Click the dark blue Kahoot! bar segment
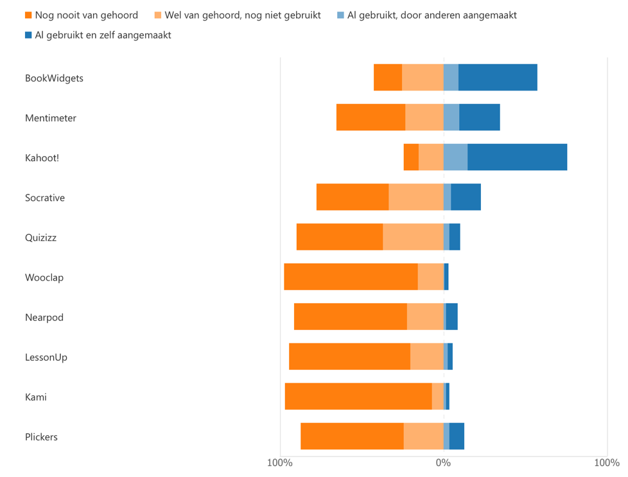[x=517, y=157]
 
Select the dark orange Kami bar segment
[x=358, y=396]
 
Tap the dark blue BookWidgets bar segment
[x=498, y=78]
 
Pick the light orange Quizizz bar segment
[x=413, y=237]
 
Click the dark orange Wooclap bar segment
[x=351, y=277]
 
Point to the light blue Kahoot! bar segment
[x=455, y=157]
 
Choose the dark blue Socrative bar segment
[x=466, y=197]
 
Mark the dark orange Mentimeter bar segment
[x=371, y=117]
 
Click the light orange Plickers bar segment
[x=423, y=437]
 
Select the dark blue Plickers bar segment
[x=457, y=437]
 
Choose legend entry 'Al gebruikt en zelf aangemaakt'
[x=103, y=35]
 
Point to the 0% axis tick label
[x=443, y=463]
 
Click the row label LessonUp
[x=46, y=357]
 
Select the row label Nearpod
[x=44, y=317]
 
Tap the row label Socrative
[x=45, y=198]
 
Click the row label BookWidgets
[x=54, y=78]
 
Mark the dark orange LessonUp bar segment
[x=349, y=356]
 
